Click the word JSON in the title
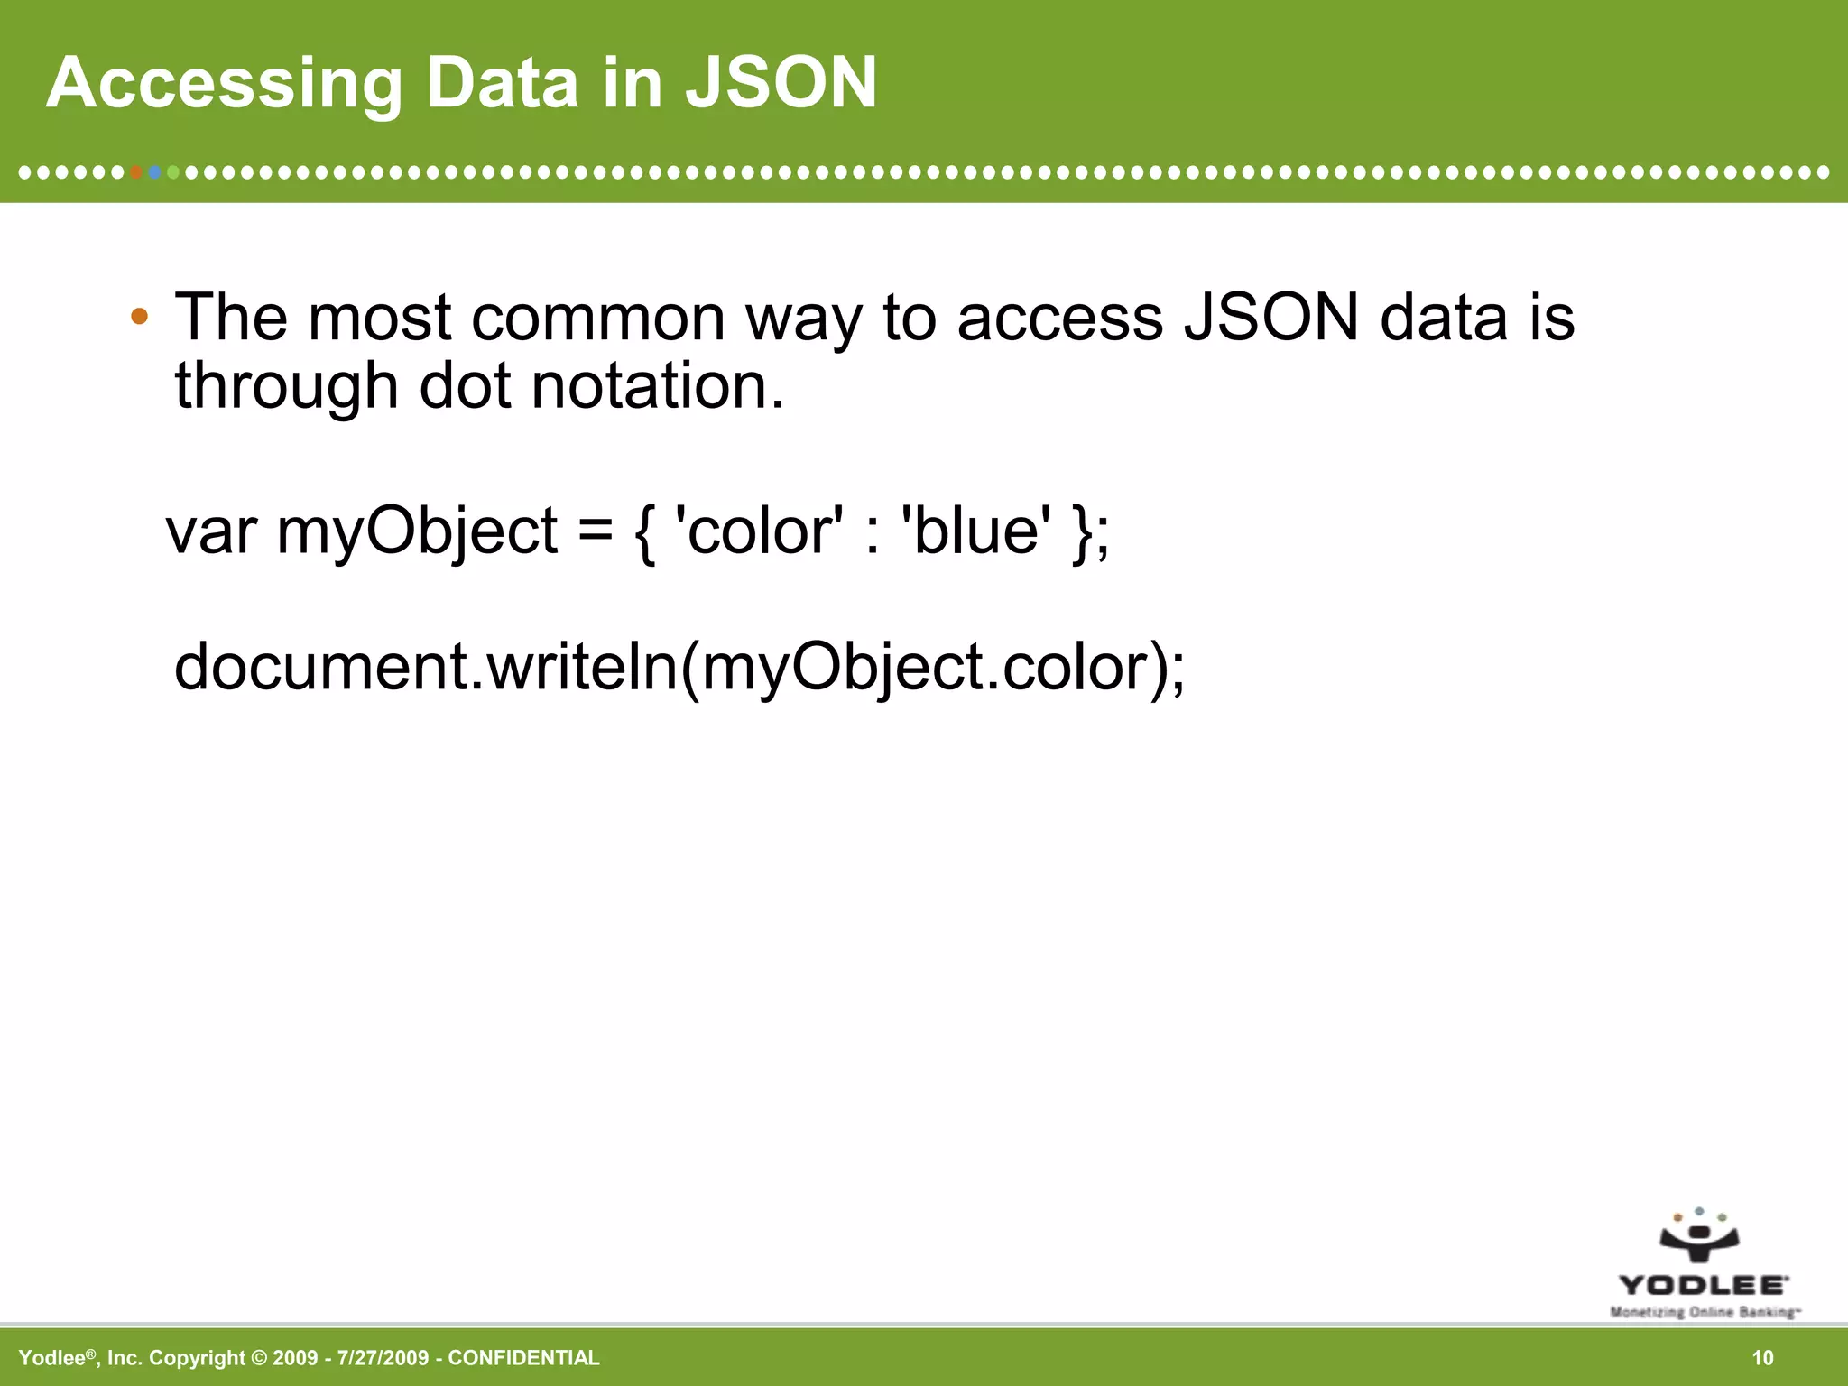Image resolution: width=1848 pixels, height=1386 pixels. (x=781, y=83)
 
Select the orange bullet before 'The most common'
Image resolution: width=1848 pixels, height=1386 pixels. (x=139, y=317)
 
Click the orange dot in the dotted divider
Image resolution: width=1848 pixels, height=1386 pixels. (x=136, y=171)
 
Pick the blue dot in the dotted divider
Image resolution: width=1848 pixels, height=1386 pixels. (x=155, y=171)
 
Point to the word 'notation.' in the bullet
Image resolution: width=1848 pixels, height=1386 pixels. (x=658, y=386)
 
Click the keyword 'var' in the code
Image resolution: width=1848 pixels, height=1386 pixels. (x=211, y=532)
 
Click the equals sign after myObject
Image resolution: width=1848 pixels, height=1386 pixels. (x=596, y=532)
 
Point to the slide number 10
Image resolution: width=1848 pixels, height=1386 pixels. (x=1762, y=1358)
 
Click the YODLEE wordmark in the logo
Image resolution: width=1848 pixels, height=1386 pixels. (x=1703, y=1285)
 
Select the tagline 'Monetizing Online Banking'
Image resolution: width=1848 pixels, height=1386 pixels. (x=1705, y=1312)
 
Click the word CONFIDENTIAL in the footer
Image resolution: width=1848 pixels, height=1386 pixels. (x=523, y=1358)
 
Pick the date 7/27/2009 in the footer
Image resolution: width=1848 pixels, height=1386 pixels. (x=383, y=1358)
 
